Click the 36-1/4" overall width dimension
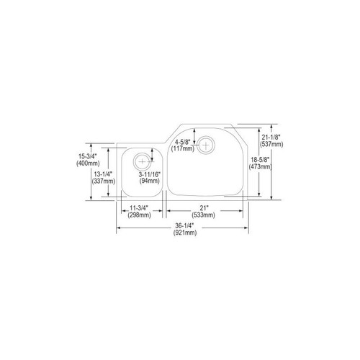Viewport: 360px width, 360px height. (x=183, y=226)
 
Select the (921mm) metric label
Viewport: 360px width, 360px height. (x=183, y=233)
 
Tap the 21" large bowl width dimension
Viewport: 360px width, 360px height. (x=204, y=207)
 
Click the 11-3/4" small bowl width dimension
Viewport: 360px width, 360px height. (x=140, y=207)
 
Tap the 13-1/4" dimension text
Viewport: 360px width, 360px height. (x=102, y=174)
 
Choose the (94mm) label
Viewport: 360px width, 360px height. (x=150, y=181)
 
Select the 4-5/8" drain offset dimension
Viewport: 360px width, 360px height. (x=182, y=141)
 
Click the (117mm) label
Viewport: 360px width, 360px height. (x=182, y=149)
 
